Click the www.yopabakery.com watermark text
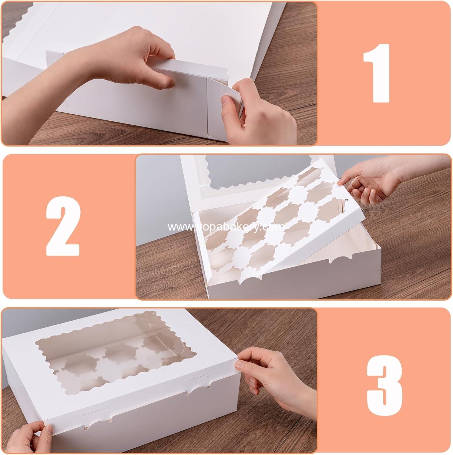click(226, 227)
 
